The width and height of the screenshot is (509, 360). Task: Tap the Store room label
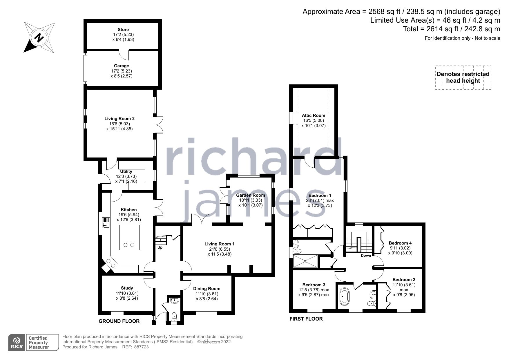(123, 30)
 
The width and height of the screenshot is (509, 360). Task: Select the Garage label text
(121, 66)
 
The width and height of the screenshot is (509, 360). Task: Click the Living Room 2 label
(119, 119)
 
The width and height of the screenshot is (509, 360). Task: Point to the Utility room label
(126, 171)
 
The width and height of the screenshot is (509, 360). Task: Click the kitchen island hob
(129, 237)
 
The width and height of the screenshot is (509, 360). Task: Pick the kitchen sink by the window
(106, 223)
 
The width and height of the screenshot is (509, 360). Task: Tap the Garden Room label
(250, 195)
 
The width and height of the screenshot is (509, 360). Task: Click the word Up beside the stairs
(160, 247)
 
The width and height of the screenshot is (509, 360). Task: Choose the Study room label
(127, 288)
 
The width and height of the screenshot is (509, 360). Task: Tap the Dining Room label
(207, 289)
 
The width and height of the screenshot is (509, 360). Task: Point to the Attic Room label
(314, 115)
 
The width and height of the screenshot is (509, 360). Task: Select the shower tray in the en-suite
(305, 261)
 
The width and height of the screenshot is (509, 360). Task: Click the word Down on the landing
(366, 256)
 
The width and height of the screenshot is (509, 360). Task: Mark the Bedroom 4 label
(400, 243)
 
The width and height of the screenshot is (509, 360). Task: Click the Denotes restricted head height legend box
(463, 77)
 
